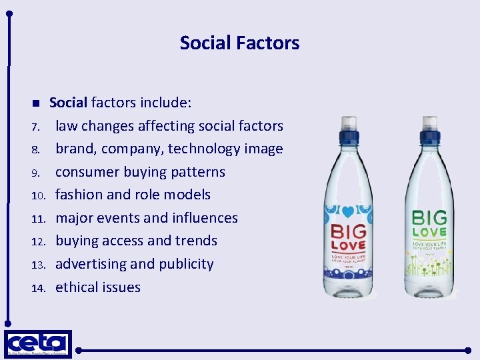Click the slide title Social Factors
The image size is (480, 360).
pos(239,43)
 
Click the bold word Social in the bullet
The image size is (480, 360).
pos(68,103)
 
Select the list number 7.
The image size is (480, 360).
pos(38,127)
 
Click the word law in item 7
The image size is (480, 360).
pos(66,126)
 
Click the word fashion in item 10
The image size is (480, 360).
pos(79,195)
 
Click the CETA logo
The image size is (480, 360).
pos(38,345)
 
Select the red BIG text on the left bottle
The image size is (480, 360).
pos(349,231)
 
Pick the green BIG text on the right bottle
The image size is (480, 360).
pos(429,217)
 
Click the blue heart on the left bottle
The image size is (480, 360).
pos(349,213)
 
